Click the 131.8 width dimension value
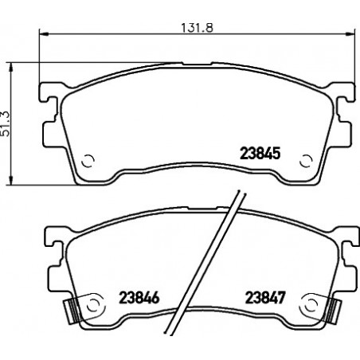197,28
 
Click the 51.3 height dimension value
6,124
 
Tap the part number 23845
260,154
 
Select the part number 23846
139,298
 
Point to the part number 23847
265,298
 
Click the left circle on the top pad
88,161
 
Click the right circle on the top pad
306,161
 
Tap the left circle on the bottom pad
93,306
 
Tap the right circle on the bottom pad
311,306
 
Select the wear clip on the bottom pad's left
72,311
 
